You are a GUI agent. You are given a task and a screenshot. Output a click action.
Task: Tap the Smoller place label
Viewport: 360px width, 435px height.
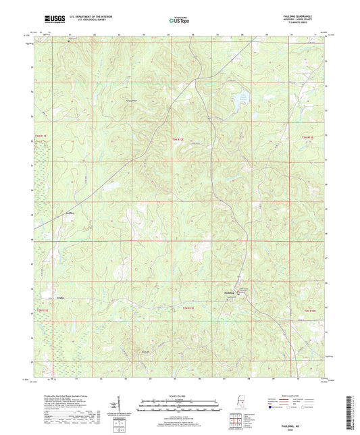pyautogui.click(x=59, y=295)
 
